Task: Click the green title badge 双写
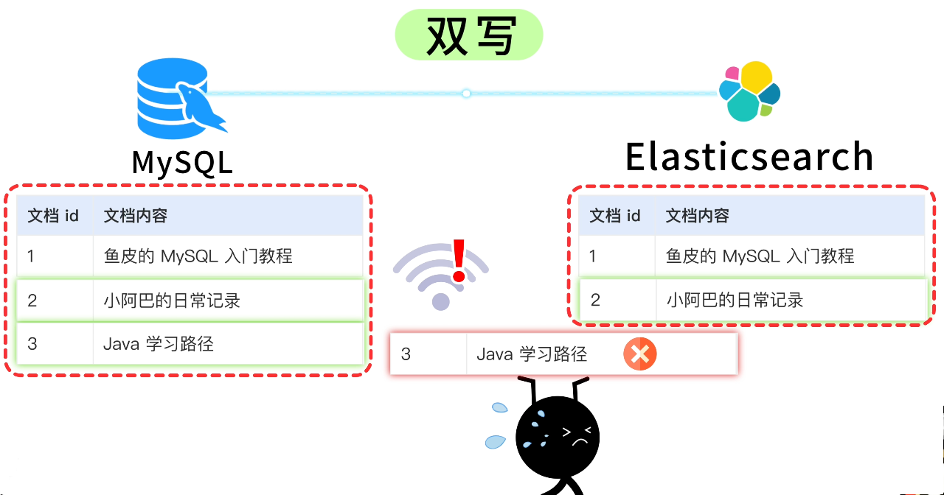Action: pyautogui.click(x=469, y=35)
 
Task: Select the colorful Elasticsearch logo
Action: pyautogui.click(x=749, y=92)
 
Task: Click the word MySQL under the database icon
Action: pyautogui.click(x=182, y=162)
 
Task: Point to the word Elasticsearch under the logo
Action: pyautogui.click(x=749, y=157)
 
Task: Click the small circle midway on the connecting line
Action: pyautogui.click(x=466, y=94)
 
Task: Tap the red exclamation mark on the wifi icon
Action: pyautogui.click(x=459, y=261)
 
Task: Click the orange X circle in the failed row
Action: pyautogui.click(x=639, y=354)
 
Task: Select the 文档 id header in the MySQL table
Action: pyautogui.click(x=53, y=216)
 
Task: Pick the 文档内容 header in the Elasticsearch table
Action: pyautogui.click(x=697, y=216)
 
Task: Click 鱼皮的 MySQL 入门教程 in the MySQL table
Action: pyautogui.click(x=198, y=256)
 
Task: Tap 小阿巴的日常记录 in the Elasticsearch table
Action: pyautogui.click(x=735, y=301)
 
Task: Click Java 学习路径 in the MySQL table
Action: pyautogui.click(x=159, y=344)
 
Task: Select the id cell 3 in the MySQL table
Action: pyautogui.click(x=32, y=344)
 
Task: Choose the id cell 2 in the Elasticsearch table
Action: pyautogui.click(x=595, y=301)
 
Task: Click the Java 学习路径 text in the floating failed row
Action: pyautogui.click(x=532, y=354)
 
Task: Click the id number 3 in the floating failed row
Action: pyautogui.click(x=406, y=354)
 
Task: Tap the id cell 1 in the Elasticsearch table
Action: pyautogui.click(x=594, y=256)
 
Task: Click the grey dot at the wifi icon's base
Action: pyautogui.click(x=440, y=301)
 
